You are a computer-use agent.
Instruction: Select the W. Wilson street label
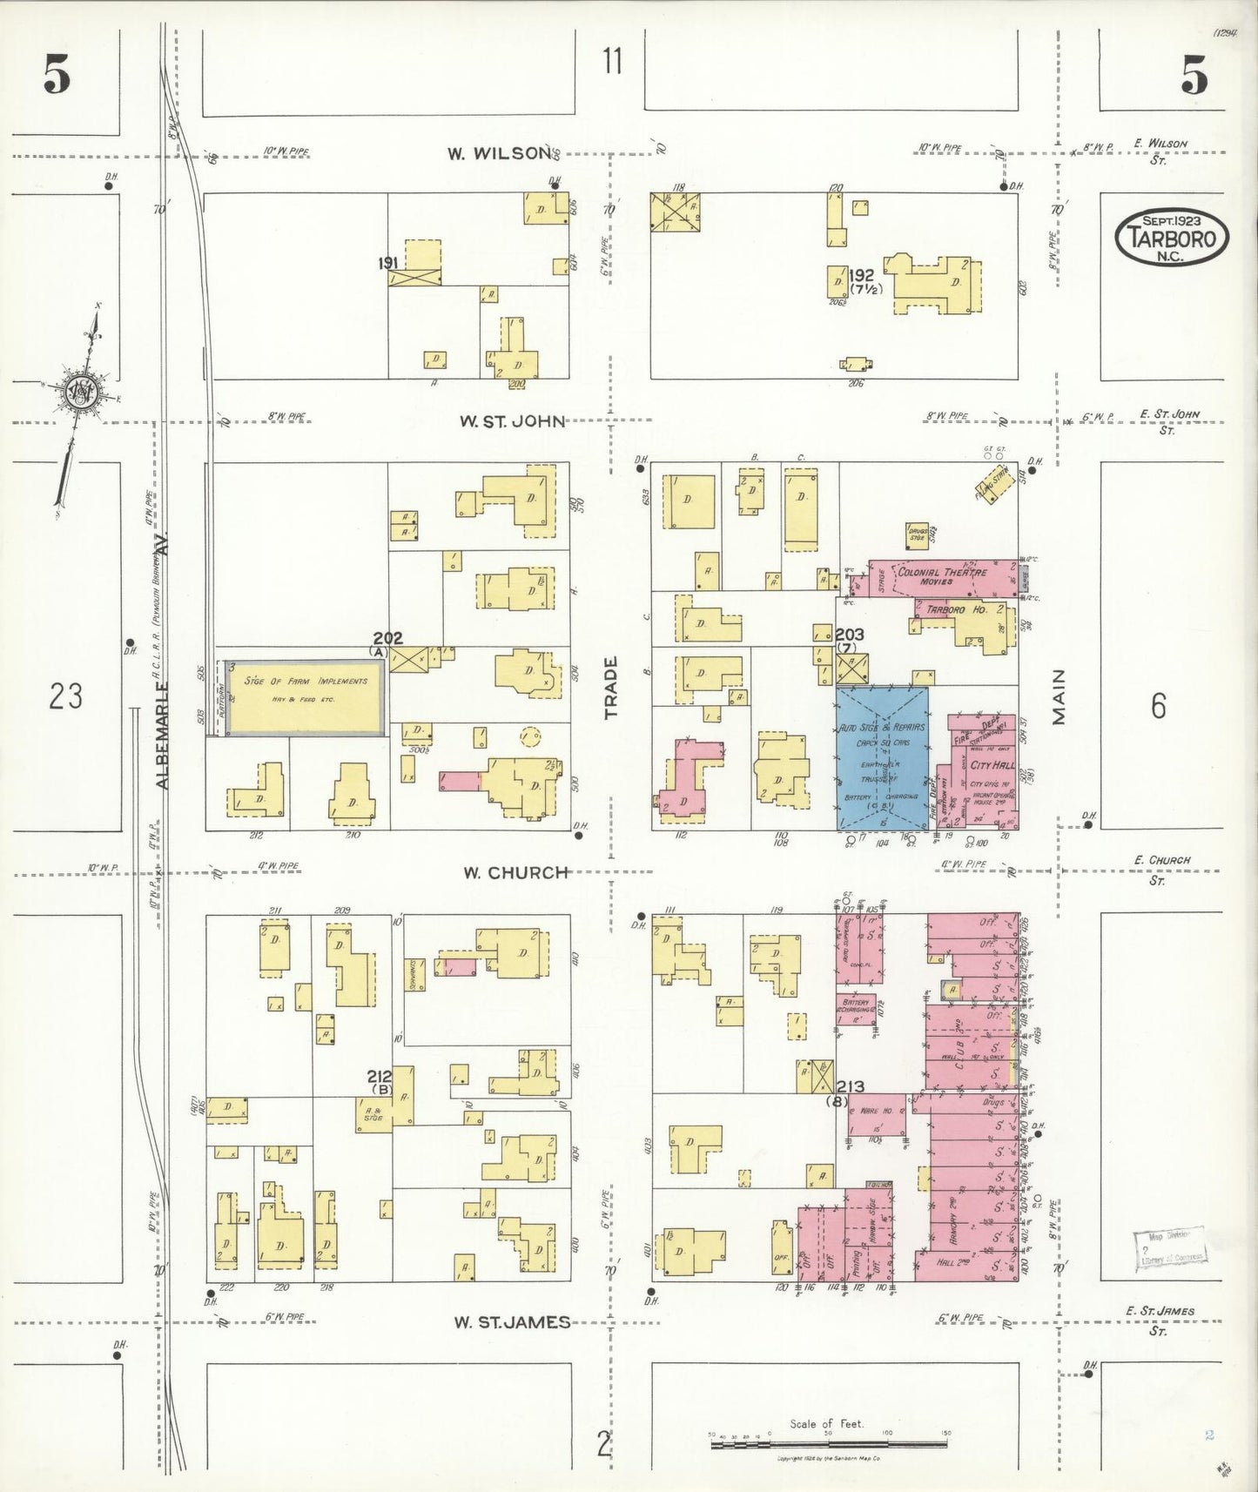click(498, 154)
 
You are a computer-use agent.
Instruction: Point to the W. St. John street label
click(512, 422)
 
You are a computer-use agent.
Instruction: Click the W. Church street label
click(515, 872)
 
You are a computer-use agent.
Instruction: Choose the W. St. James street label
click(511, 1322)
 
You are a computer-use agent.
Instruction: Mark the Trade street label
click(611, 688)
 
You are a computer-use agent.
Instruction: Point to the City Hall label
click(992, 765)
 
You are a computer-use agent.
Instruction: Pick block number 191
click(387, 262)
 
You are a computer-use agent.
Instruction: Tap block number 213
click(850, 1086)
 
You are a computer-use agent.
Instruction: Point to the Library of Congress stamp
click(1169, 1250)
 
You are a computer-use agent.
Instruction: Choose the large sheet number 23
click(65, 696)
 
